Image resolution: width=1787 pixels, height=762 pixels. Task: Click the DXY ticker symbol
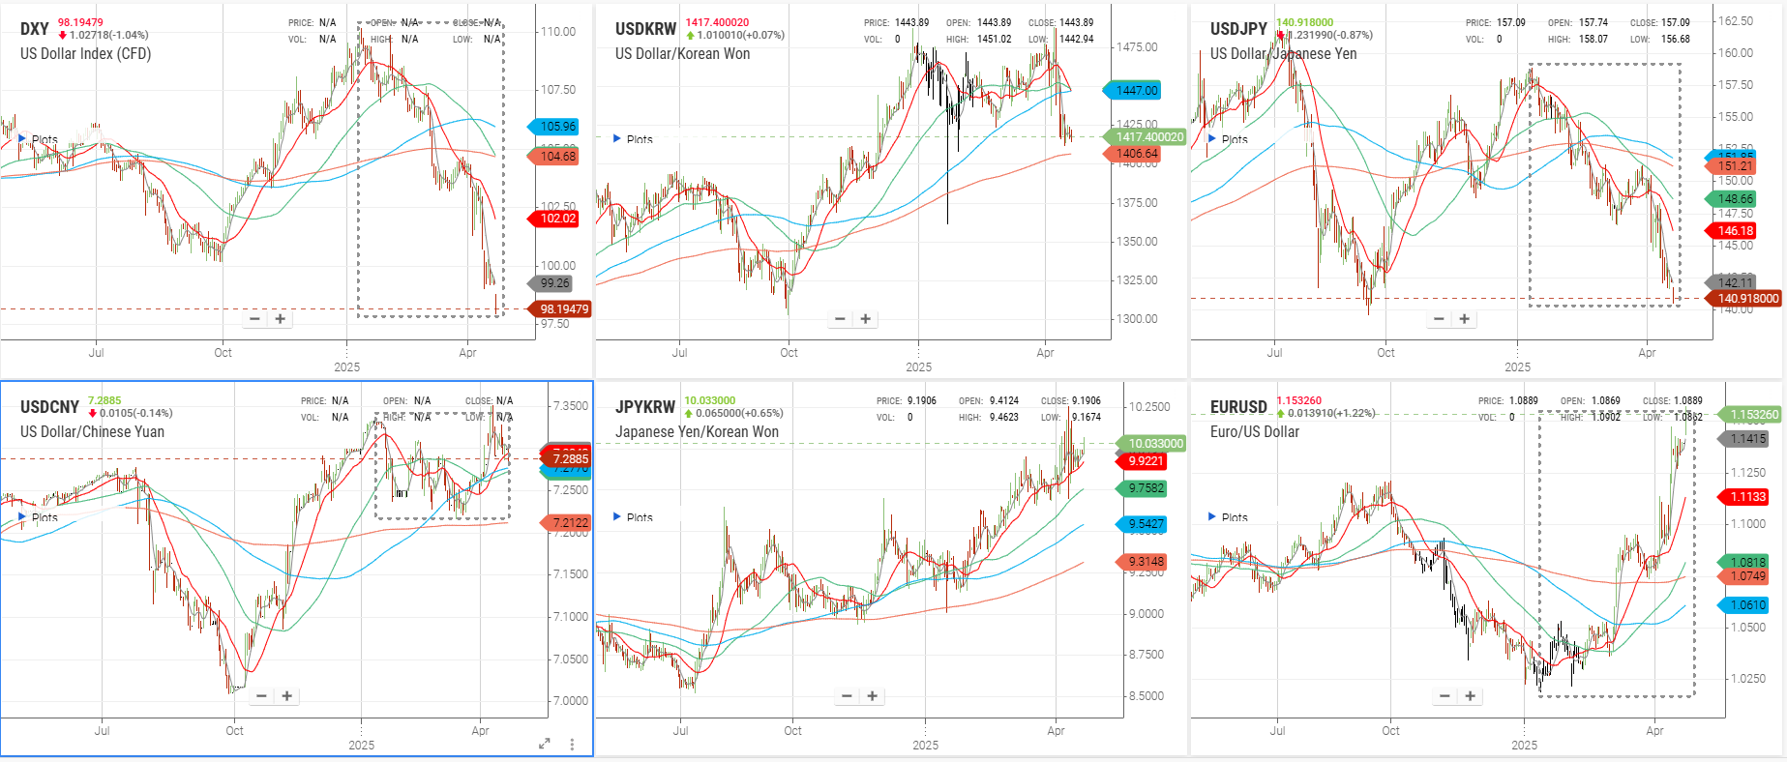[x=35, y=29]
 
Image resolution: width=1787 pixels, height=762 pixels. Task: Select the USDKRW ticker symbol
[x=645, y=29]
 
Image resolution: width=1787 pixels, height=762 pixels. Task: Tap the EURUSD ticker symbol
[x=1238, y=407]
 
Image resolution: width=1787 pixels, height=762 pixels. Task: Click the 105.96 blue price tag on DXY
[x=557, y=127]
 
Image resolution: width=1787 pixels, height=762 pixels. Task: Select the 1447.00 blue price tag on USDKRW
[x=1136, y=91]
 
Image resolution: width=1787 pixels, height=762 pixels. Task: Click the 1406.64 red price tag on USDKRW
[x=1136, y=154]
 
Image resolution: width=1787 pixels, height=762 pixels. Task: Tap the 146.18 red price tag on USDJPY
[x=1735, y=231]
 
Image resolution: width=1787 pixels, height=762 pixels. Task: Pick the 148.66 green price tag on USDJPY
[x=1735, y=199]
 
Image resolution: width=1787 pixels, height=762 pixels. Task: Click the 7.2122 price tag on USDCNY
[x=570, y=523]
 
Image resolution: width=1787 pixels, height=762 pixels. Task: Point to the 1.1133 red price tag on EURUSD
[x=1747, y=497]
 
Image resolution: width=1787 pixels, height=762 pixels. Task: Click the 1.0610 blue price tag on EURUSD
[x=1747, y=605]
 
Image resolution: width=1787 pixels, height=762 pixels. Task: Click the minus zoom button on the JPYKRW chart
[x=847, y=696]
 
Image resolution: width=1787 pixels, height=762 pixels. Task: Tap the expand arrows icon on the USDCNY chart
[x=545, y=744]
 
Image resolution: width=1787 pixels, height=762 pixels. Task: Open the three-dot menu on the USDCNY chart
[x=573, y=744]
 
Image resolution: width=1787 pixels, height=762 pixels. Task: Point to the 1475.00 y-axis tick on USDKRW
[x=1137, y=47]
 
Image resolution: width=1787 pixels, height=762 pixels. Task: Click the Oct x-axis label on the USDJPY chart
[x=1385, y=353]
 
